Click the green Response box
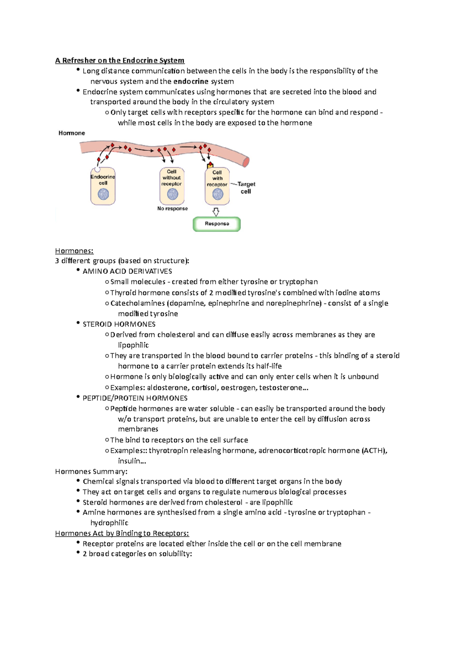217,224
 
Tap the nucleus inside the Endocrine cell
103,194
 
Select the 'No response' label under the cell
173,209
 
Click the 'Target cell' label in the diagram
246,188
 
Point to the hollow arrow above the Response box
216,212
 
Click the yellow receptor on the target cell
210,165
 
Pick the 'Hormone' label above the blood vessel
71,133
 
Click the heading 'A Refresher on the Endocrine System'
120,60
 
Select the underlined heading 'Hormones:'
74,251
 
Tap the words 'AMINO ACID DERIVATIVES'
127,271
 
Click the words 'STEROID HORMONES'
119,324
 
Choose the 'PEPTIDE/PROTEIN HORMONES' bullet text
135,398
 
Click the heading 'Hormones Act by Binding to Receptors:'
122,533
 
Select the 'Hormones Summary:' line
91,471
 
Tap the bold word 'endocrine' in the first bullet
191,81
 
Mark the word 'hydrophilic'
109,523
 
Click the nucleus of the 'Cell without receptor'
173,194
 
